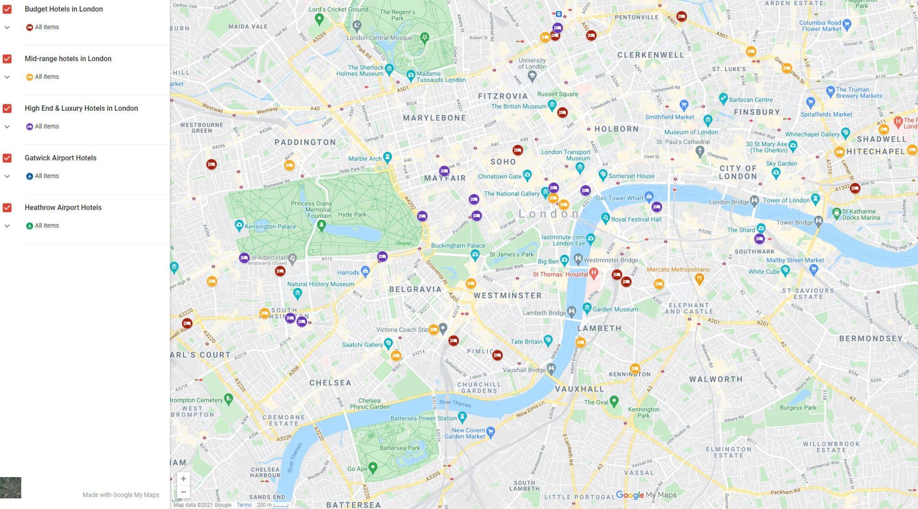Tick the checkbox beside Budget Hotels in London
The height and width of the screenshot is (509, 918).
(7, 9)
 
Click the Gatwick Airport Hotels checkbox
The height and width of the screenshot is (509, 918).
(7, 158)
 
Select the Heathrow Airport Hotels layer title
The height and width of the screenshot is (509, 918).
(63, 208)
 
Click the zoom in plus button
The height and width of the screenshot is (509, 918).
(183, 479)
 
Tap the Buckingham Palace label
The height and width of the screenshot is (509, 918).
(458, 245)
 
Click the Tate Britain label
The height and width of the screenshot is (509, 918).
(526, 341)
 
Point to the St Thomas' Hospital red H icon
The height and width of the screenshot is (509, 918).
(594, 272)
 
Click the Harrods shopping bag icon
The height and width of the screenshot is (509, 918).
(365, 270)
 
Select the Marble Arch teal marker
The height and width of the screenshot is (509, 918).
(388, 157)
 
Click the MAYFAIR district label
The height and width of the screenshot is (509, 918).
(445, 178)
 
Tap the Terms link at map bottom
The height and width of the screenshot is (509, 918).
(244, 505)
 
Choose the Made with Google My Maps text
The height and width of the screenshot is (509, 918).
(121, 495)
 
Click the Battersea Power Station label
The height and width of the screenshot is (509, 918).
(423, 418)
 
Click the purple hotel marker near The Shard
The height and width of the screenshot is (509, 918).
(759, 239)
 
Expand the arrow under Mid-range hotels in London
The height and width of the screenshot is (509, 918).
(7, 77)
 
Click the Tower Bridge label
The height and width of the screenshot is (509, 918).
(794, 222)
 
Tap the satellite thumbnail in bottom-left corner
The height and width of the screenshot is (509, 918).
(11, 487)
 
